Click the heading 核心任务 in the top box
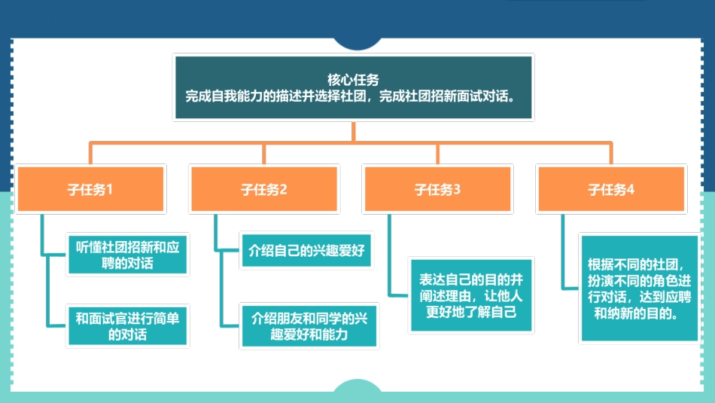pos(353,78)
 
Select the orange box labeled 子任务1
pos(90,189)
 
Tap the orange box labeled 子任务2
pos(263,189)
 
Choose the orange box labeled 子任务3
pos(437,189)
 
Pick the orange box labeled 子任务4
pos(611,189)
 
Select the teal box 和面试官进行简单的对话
pos(126,325)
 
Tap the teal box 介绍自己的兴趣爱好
pos(306,250)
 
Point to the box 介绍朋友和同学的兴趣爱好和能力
pos(309,325)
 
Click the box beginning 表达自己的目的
pos(471,295)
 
